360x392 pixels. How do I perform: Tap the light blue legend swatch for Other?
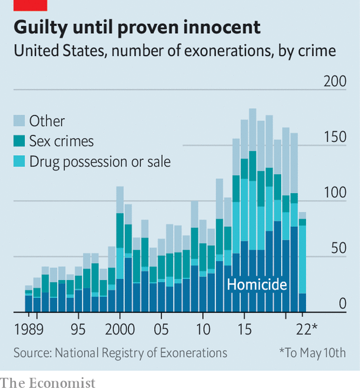point(20,121)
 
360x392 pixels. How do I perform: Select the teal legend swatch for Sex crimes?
point(20,141)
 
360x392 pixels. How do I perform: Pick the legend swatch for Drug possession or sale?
point(20,161)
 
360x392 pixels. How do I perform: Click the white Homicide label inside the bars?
point(257,285)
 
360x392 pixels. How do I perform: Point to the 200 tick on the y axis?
point(335,81)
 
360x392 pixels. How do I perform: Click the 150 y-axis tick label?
point(335,137)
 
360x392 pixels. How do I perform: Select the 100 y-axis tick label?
point(335,192)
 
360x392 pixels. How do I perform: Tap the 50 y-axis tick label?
point(338,248)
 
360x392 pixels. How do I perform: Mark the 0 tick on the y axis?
point(342,304)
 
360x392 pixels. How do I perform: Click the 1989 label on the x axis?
point(28,329)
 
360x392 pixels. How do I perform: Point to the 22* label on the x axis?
point(307,329)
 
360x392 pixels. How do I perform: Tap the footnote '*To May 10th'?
point(312,353)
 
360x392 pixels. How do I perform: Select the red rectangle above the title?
point(23,5)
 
